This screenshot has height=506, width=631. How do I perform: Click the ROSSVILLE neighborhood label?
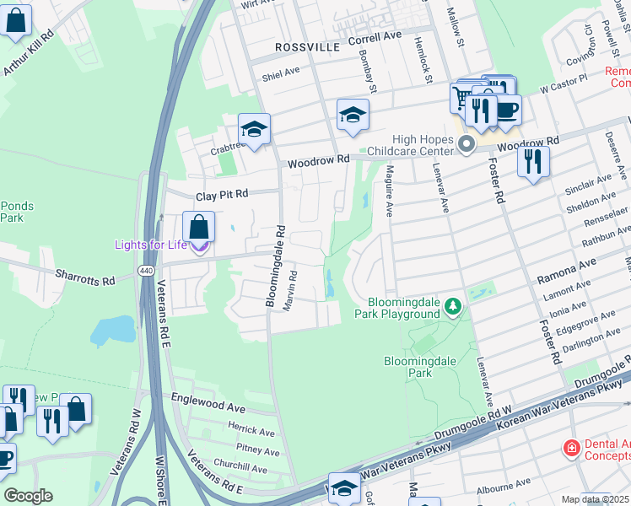point(306,46)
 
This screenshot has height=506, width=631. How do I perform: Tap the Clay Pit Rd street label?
point(222,195)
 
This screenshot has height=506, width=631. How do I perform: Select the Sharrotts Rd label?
point(84,275)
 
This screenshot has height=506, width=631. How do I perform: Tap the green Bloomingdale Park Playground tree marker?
point(454,304)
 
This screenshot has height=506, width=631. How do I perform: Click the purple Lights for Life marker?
point(199,246)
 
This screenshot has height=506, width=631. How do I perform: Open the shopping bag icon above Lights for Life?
point(199,227)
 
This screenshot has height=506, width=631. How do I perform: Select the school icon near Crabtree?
point(254,130)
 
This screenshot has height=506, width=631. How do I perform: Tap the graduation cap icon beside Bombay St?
point(353,115)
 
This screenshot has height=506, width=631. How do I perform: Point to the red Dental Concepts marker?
point(571,446)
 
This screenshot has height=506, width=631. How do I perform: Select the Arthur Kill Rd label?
point(29,53)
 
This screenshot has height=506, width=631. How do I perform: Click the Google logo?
point(28,496)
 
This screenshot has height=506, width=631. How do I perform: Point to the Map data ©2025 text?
point(595,499)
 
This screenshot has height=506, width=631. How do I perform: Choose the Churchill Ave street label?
point(240,466)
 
